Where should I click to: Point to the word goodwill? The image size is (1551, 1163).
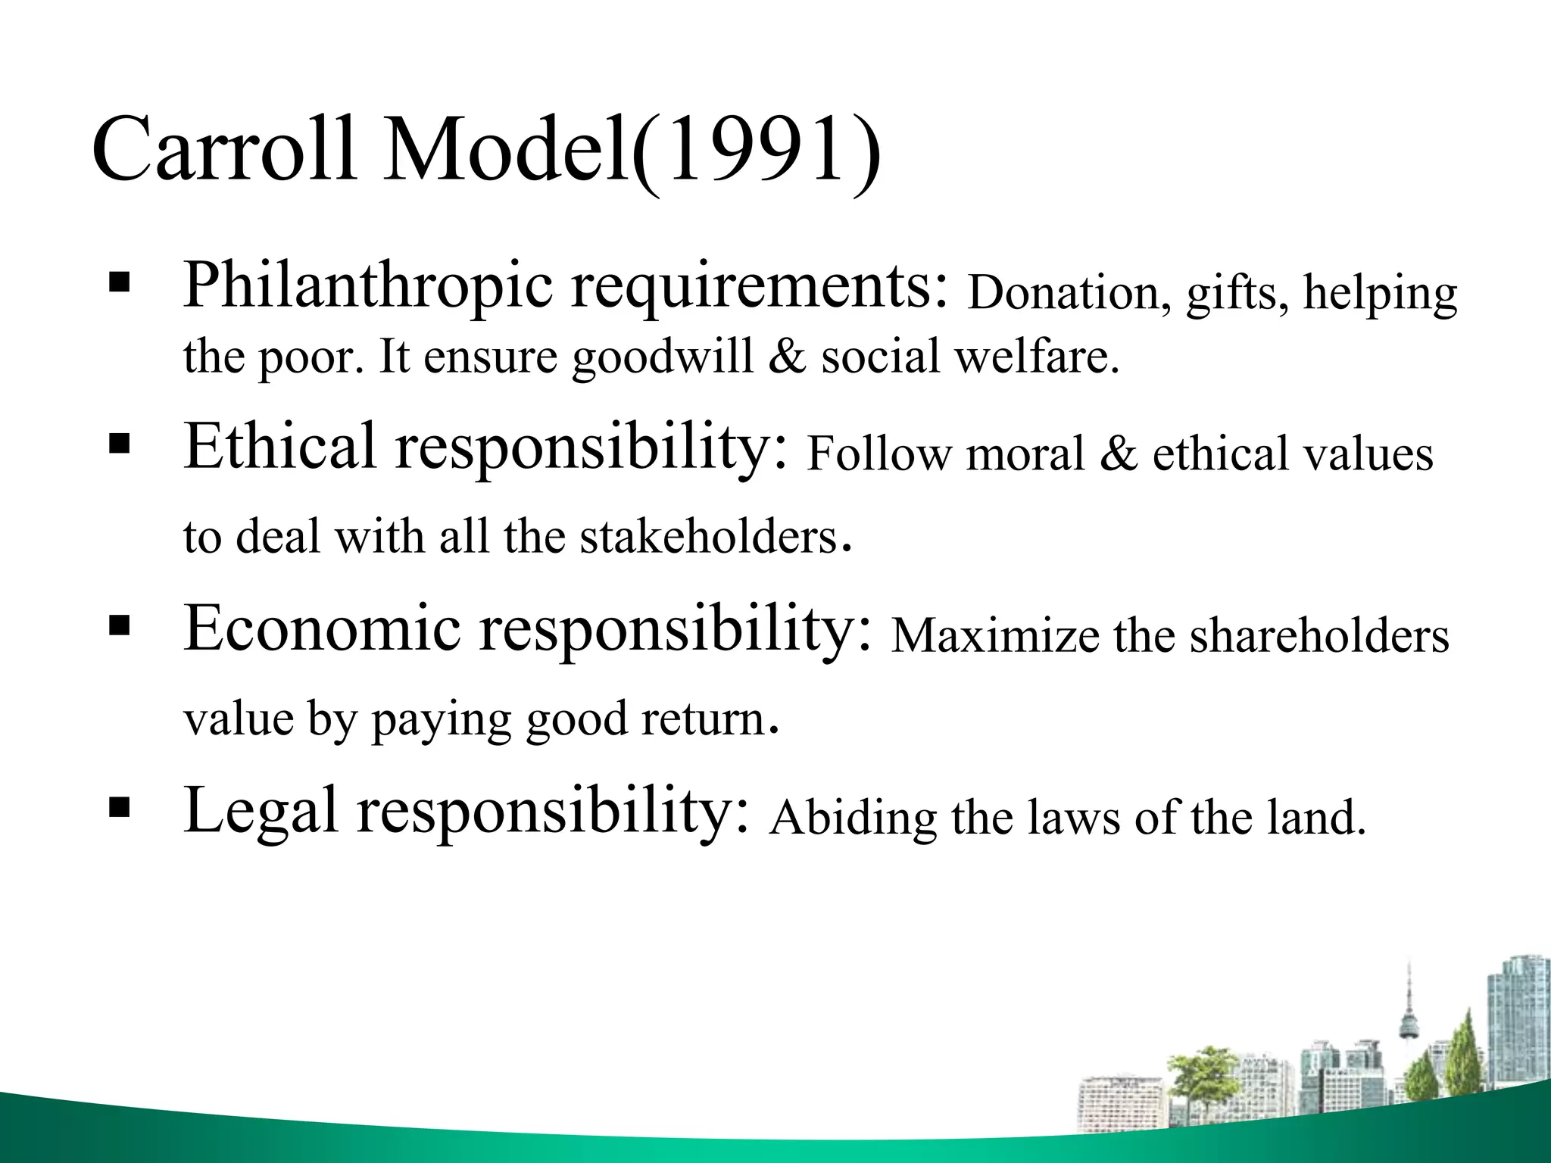pyautogui.click(x=663, y=357)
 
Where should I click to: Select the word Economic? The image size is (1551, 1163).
pyautogui.click(x=322, y=628)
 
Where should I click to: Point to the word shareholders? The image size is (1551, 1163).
pyautogui.click(x=1319, y=636)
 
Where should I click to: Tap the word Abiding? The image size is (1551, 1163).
pyautogui.click(x=853, y=818)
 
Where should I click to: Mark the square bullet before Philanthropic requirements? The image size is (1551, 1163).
pyautogui.click(x=120, y=285)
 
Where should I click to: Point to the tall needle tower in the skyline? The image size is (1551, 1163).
pyautogui.click(x=1409, y=1015)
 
